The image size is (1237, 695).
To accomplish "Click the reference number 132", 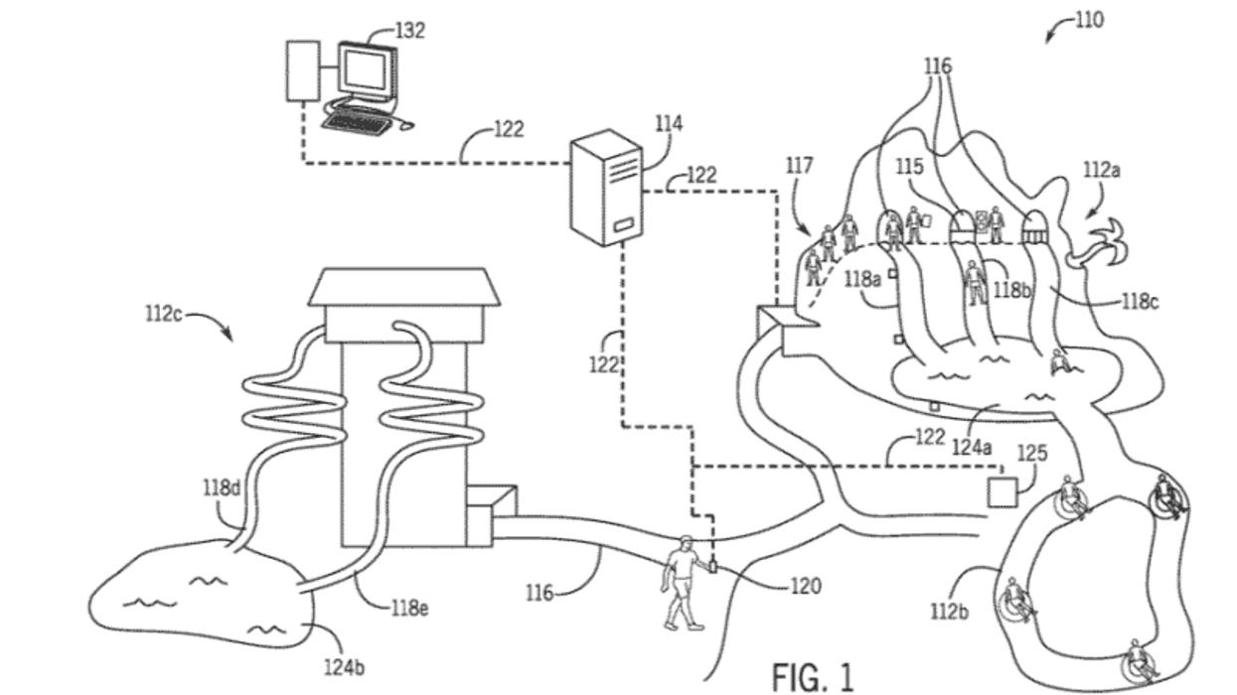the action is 410,31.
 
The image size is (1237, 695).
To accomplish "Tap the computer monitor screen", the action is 365,69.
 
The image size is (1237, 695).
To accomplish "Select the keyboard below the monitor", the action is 356,122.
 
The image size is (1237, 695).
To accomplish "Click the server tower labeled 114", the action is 606,188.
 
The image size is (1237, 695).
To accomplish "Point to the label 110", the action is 1089,20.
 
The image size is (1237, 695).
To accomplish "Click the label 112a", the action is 1102,170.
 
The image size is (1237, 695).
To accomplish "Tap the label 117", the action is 799,165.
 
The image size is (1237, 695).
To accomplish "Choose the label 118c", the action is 1140,302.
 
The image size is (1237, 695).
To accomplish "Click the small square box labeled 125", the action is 1003,493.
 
